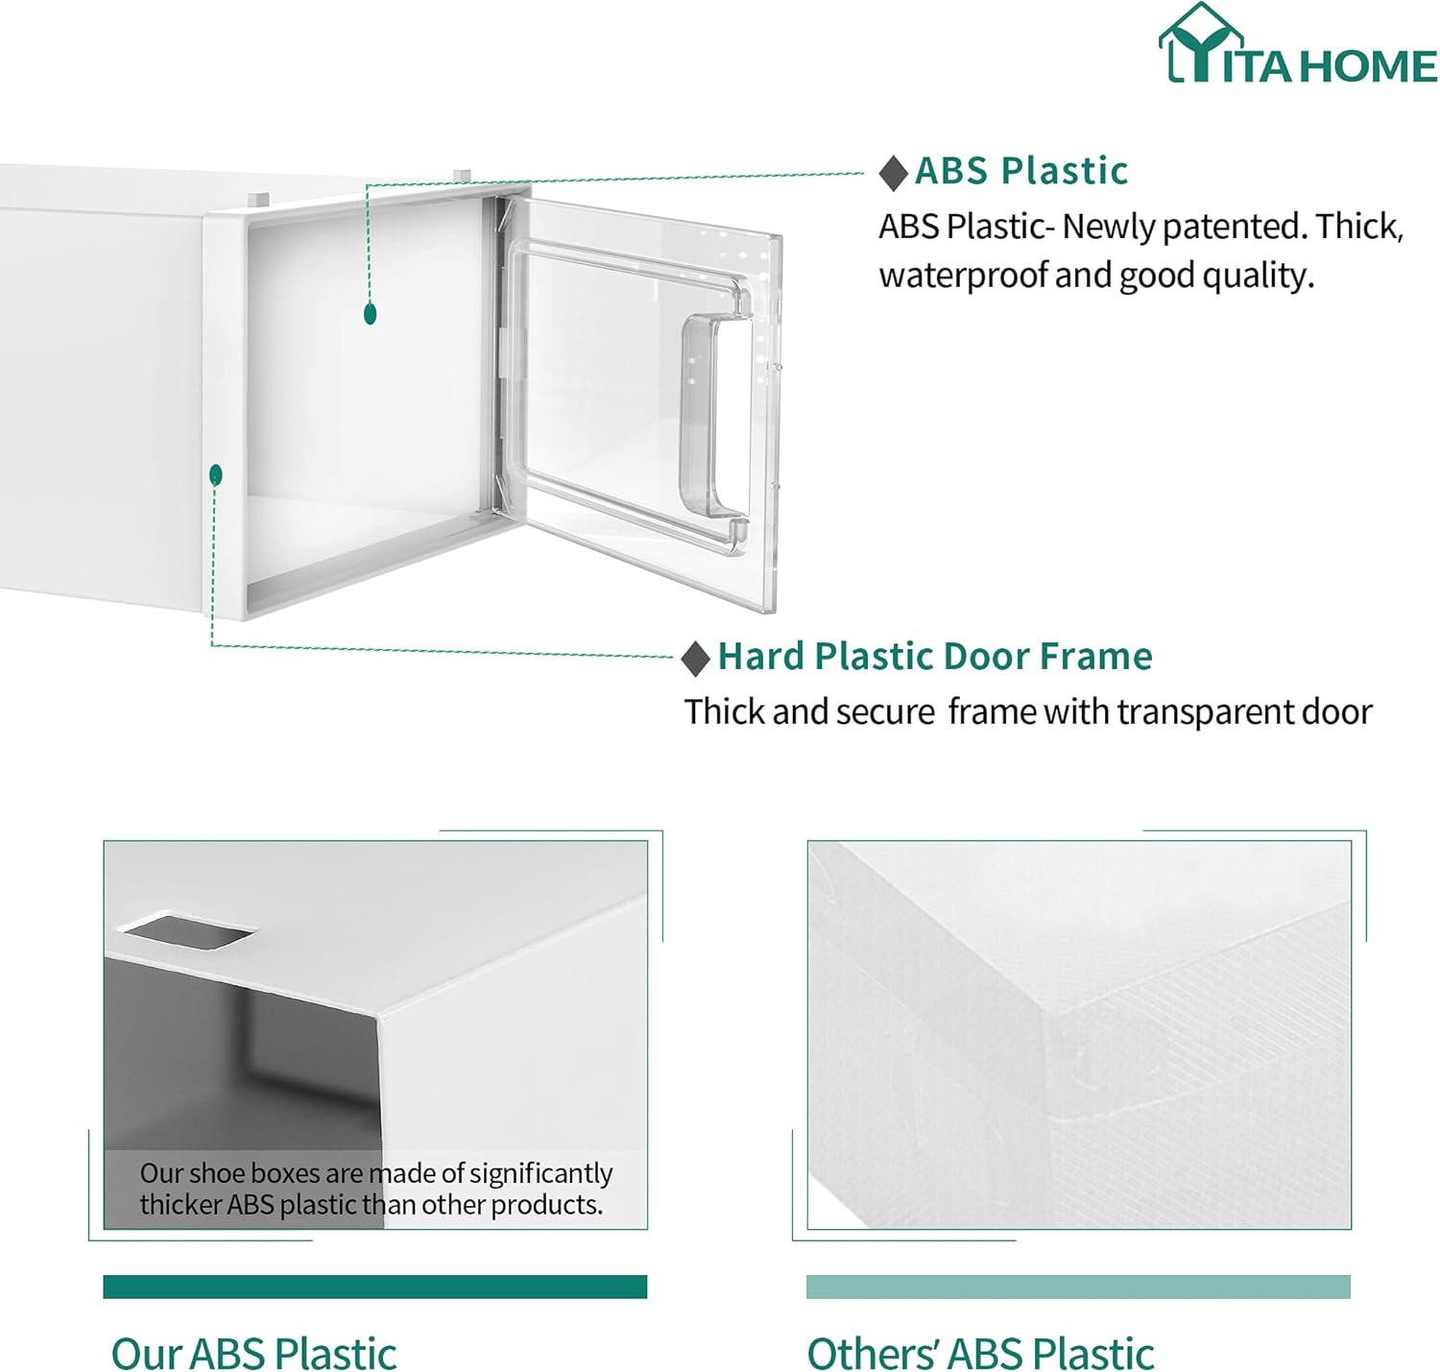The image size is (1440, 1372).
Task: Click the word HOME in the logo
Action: (x=1371, y=66)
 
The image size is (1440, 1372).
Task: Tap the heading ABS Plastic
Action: (x=1021, y=172)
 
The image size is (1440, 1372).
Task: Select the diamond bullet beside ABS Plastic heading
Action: (x=894, y=174)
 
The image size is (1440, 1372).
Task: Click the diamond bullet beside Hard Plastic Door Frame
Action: (x=695, y=659)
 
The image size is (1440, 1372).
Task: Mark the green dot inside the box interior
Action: (x=370, y=314)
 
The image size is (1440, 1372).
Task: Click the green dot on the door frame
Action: (x=215, y=475)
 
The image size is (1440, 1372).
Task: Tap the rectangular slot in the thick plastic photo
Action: (x=187, y=929)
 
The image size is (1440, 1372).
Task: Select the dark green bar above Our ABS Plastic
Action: (x=375, y=1287)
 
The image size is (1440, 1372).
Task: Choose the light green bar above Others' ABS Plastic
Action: (x=1078, y=1287)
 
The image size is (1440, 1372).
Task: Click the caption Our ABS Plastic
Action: (x=253, y=1350)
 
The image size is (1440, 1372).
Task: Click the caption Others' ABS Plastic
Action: (x=980, y=1350)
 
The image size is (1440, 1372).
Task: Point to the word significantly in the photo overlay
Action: (x=540, y=1174)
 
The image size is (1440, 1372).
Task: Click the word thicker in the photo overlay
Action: (x=180, y=1205)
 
